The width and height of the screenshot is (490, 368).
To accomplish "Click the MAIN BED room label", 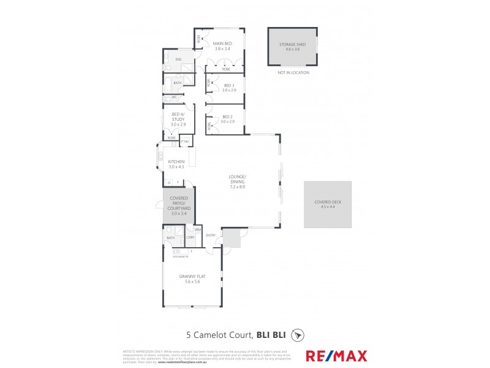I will [x=222, y=44].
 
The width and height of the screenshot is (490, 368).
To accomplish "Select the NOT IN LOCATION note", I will [x=293, y=72].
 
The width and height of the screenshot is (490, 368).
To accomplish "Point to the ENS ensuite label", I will [x=178, y=59].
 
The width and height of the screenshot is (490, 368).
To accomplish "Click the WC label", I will [x=175, y=98].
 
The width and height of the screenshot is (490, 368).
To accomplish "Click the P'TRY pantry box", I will [x=184, y=143].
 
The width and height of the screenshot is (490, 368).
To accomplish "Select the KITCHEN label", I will [x=176, y=161].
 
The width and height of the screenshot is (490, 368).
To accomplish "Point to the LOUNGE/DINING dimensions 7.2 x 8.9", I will [x=238, y=186].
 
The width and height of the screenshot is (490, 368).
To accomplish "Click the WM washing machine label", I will [x=198, y=229].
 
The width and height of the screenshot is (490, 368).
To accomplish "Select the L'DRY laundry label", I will [x=190, y=237].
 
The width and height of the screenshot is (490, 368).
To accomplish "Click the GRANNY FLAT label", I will [x=192, y=277].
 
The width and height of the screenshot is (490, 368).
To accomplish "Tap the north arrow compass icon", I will [x=298, y=335].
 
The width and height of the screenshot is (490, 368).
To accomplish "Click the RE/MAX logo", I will [x=336, y=356].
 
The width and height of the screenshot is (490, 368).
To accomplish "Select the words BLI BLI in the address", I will [x=274, y=335].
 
